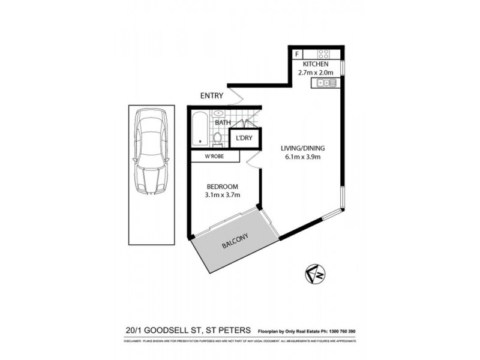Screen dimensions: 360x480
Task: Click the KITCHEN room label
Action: [x=315, y=64]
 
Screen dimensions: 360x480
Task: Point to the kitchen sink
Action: [x=325, y=83]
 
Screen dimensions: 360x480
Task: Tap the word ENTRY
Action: [x=212, y=96]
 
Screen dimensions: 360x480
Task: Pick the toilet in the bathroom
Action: [x=219, y=139]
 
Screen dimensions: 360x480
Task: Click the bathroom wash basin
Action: [x=219, y=113]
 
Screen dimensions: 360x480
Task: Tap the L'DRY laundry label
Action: [x=244, y=139]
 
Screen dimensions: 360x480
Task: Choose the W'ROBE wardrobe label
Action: [x=214, y=157]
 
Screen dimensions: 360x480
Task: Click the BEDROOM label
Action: [x=219, y=186]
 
